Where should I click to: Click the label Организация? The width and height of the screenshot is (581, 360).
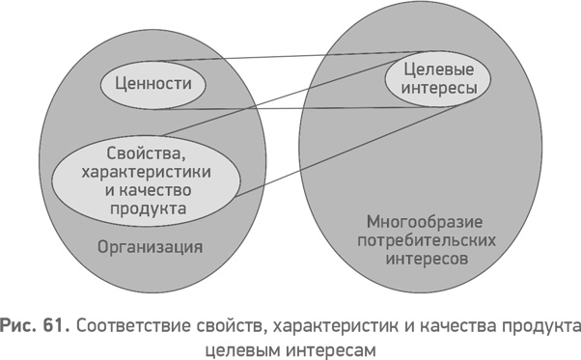pos(150,246)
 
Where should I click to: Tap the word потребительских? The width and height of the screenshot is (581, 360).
pos(415,240)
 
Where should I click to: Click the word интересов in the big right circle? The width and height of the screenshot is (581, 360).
pos(415,259)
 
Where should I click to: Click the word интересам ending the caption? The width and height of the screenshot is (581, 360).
pos(328,346)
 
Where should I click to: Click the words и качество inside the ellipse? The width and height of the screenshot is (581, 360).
pos(144,188)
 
